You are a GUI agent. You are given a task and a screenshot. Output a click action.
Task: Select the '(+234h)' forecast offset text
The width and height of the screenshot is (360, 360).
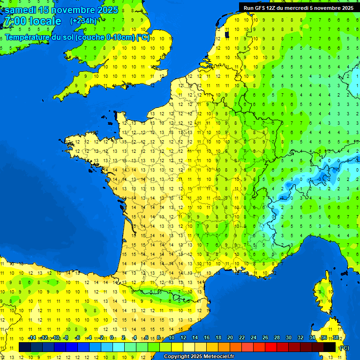[83, 21]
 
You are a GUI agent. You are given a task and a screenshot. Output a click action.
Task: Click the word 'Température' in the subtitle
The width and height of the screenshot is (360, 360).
[28, 37]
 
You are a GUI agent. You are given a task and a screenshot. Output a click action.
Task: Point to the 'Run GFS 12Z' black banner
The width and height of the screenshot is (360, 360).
[298, 7]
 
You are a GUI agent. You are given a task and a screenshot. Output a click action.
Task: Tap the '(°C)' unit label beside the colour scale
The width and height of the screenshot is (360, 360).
[344, 348]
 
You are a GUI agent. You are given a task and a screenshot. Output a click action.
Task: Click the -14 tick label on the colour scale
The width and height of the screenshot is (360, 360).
[32, 338]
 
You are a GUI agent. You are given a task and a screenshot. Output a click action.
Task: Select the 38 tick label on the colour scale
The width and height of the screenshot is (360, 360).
[336, 338]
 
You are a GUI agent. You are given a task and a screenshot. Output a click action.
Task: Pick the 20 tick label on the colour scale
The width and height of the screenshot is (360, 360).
[230, 338]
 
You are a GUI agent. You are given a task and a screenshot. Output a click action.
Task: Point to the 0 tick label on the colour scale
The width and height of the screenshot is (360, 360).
[112, 338]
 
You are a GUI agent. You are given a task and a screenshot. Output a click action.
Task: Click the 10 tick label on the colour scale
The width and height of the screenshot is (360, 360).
[171, 338]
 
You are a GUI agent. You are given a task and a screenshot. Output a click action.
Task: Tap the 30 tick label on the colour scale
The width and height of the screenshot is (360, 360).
[289, 338]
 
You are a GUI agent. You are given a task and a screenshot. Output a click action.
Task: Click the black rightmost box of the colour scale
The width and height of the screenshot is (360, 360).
[330, 347]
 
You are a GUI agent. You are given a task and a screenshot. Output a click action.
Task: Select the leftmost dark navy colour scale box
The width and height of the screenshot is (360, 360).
[25, 347]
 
